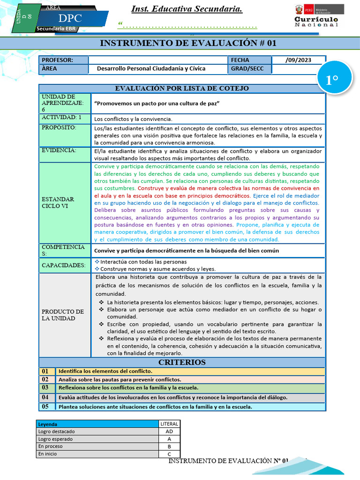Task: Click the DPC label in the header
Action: (x=70, y=18)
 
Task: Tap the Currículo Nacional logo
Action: (x=316, y=16)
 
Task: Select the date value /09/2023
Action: (x=298, y=60)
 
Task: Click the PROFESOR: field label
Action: (x=57, y=60)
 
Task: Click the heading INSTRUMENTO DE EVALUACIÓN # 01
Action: (x=188, y=44)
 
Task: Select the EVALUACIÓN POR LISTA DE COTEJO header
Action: (x=182, y=88)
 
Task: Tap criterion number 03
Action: (x=45, y=388)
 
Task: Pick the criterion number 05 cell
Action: (x=45, y=406)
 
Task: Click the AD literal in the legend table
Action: (x=169, y=431)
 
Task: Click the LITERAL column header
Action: (x=169, y=424)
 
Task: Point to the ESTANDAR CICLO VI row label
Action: (x=58, y=202)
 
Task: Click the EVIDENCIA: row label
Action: (x=59, y=150)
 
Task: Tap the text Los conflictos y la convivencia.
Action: (x=133, y=119)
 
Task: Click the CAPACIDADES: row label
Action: (x=63, y=265)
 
